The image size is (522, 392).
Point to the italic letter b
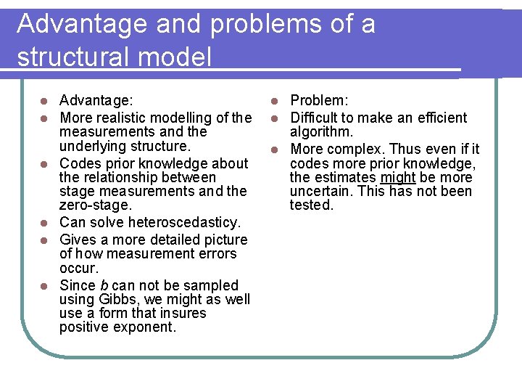pos(104,285)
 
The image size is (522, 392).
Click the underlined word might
pos(397,177)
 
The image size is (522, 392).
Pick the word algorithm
pos(321,131)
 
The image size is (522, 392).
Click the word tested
pos(312,205)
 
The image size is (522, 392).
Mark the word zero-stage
pos(95,205)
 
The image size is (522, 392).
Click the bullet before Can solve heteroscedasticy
pos(44,222)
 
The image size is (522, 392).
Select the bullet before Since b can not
pos(44,286)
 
